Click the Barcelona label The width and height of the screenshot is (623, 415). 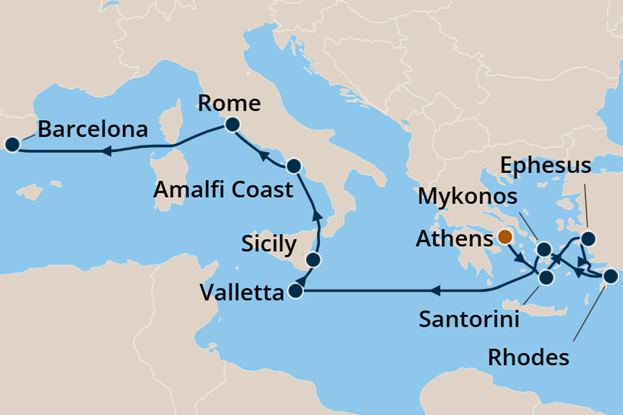[x=93, y=130]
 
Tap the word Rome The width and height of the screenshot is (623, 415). [x=228, y=104]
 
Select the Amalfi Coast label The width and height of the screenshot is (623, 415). [x=223, y=190]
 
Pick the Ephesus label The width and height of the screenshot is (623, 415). [x=546, y=167]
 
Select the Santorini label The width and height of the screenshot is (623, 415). [x=469, y=318]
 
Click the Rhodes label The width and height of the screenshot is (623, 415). [x=528, y=356]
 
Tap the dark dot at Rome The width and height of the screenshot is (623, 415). [x=232, y=125]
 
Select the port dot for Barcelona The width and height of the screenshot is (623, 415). [x=12, y=145]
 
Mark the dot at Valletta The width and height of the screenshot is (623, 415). [x=295, y=292]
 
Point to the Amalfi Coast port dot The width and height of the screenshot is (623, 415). [x=294, y=166]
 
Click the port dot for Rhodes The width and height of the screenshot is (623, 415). [x=610, y=275]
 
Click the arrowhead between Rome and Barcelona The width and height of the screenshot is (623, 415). [x=105, y=151]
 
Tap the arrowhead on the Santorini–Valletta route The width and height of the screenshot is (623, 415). [x=435, y=292]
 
